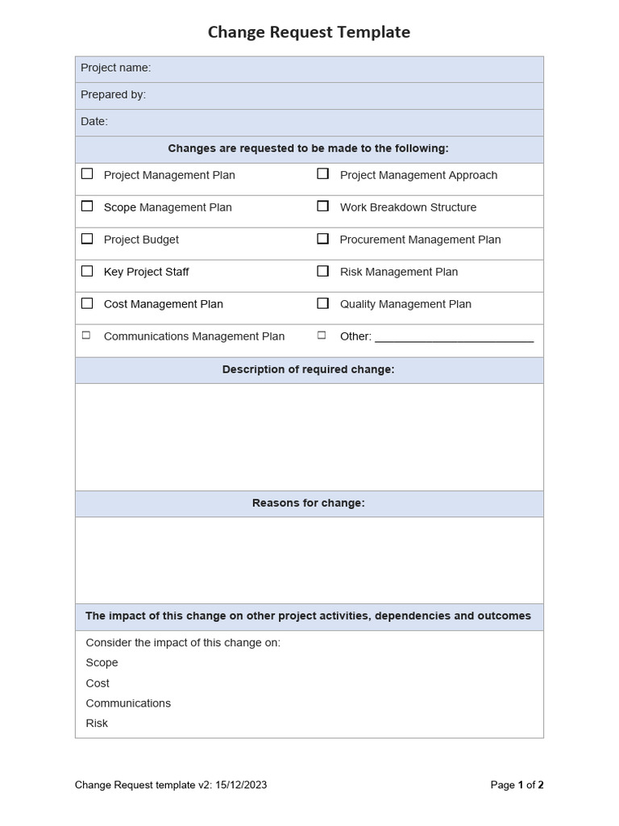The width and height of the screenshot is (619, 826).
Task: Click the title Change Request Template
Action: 309,32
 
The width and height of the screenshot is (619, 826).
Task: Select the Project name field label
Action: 115,68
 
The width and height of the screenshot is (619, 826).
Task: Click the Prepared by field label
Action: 113,94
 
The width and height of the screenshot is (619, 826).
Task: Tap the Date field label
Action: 93,121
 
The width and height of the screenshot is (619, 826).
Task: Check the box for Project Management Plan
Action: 87,173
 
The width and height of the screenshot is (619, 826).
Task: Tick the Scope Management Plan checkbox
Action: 87,206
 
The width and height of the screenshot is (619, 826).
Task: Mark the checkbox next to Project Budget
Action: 87,238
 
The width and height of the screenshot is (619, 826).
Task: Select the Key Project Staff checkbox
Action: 87,271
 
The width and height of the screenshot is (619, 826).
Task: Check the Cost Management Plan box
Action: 87,303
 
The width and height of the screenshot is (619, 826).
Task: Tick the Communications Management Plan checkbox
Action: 86,335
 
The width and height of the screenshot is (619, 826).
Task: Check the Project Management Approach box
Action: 322,173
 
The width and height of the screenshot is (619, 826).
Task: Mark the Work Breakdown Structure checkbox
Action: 322,206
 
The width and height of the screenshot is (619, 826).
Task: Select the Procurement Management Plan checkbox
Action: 322,238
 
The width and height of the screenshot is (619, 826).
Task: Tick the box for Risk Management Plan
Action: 322,271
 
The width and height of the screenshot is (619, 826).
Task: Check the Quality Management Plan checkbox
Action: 322,303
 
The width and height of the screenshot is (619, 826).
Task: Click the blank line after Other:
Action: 454,337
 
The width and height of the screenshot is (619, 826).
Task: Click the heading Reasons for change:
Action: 309,503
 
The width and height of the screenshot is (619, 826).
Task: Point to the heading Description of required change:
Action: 309,369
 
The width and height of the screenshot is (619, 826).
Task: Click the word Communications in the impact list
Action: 128,703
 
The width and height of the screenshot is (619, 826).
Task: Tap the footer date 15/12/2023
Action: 241,785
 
